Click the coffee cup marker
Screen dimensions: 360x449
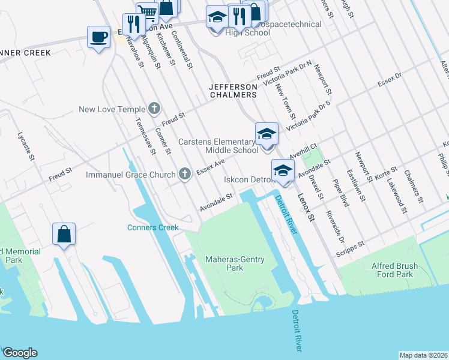click(98, 37)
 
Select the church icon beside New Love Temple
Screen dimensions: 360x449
click(154, 109)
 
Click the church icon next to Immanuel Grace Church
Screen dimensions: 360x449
click(185, 175)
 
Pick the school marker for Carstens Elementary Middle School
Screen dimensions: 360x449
click(267, 134)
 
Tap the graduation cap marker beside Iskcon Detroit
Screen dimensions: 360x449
click(283, 171)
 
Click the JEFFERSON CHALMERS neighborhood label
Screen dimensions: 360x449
click(233, 91)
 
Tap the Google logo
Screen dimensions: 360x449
click(20, 352)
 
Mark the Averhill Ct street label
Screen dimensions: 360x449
click(302, 149)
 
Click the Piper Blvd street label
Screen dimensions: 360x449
click(342, 192)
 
